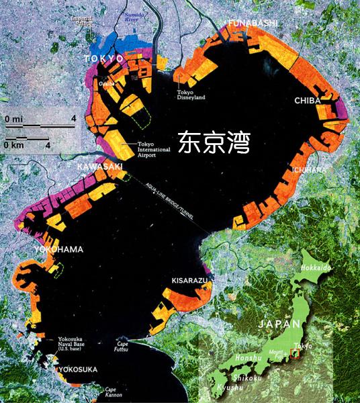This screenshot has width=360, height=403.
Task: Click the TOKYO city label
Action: point(104,59)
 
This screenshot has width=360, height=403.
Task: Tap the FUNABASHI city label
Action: point(252,24)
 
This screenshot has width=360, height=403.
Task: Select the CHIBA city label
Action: point(308,100)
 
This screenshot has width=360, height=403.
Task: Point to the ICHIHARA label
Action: point(309,170)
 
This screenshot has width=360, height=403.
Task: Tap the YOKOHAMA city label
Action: point(58,250)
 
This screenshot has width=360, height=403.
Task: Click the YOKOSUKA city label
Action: point(78,369)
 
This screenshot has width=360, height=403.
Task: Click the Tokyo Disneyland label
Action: point(191,95)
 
